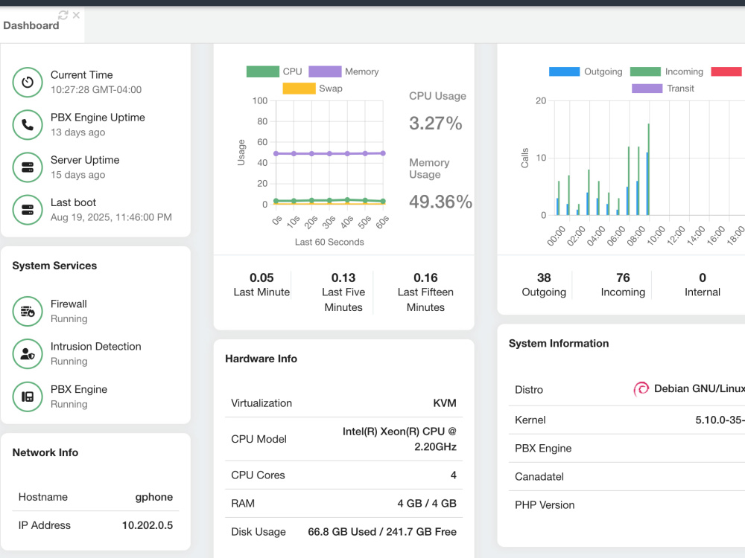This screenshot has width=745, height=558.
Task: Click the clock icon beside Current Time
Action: pos(28,82)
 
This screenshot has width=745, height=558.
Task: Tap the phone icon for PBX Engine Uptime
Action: pos(28,125)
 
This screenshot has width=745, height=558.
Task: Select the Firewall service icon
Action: pos(28,311)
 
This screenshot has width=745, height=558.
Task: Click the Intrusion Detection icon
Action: pos(28,354)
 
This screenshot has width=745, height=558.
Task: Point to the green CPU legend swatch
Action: pos(263,71)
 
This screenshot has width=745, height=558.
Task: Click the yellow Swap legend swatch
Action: pos(299,89)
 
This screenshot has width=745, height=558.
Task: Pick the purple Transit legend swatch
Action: pos(647,89)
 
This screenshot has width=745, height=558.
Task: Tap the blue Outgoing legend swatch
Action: pos(564,71)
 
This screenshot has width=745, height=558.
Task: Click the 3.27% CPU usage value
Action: pos(436,124)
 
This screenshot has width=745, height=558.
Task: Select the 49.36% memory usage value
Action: pos(440,202)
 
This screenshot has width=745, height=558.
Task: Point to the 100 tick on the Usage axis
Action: pos(260,100)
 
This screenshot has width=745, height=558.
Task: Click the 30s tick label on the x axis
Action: pos(329,222)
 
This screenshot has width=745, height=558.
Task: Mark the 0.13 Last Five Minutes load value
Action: pos(343,278)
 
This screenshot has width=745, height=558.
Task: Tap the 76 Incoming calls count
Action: pos(623,278)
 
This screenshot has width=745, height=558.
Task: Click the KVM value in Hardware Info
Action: pos(445,403)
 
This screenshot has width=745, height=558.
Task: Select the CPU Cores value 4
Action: pos(453,475)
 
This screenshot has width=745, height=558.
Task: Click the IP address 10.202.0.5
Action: pos(148,525)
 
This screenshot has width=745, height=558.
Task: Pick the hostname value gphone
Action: pos(154,497)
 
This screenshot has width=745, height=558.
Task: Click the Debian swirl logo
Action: pos(641,389)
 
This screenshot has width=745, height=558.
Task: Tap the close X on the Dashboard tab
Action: pos(76,15)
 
